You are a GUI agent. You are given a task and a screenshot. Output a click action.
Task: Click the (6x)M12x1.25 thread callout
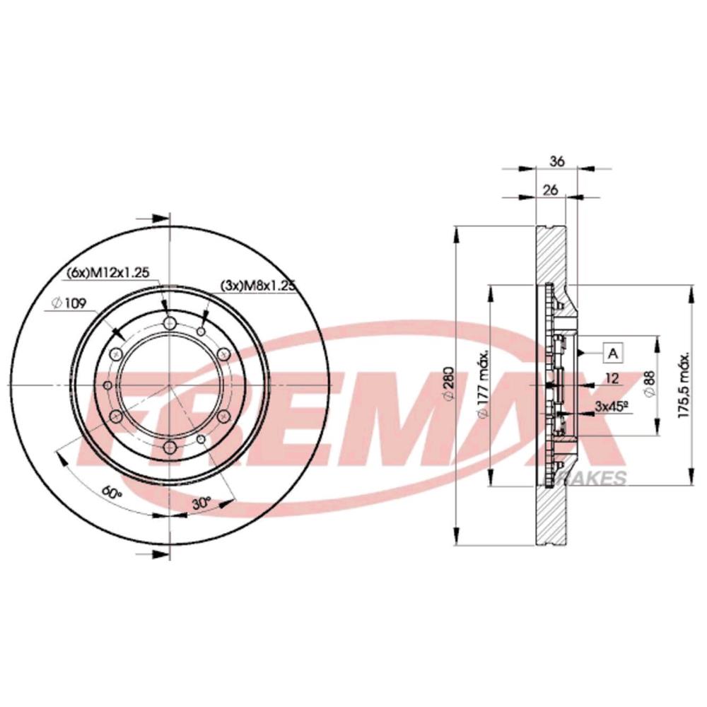click(107, 273)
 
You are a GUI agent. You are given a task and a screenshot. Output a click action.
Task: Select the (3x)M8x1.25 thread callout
click(257, 286)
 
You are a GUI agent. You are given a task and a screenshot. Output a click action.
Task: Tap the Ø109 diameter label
click(69, 303)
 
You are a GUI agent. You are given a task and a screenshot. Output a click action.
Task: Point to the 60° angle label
click(112, 491)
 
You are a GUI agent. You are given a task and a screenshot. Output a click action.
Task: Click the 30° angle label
click(201, 503)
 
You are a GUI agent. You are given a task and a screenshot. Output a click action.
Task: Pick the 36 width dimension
click(557, 161)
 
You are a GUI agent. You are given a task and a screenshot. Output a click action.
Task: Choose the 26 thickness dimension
click(550, 189)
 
